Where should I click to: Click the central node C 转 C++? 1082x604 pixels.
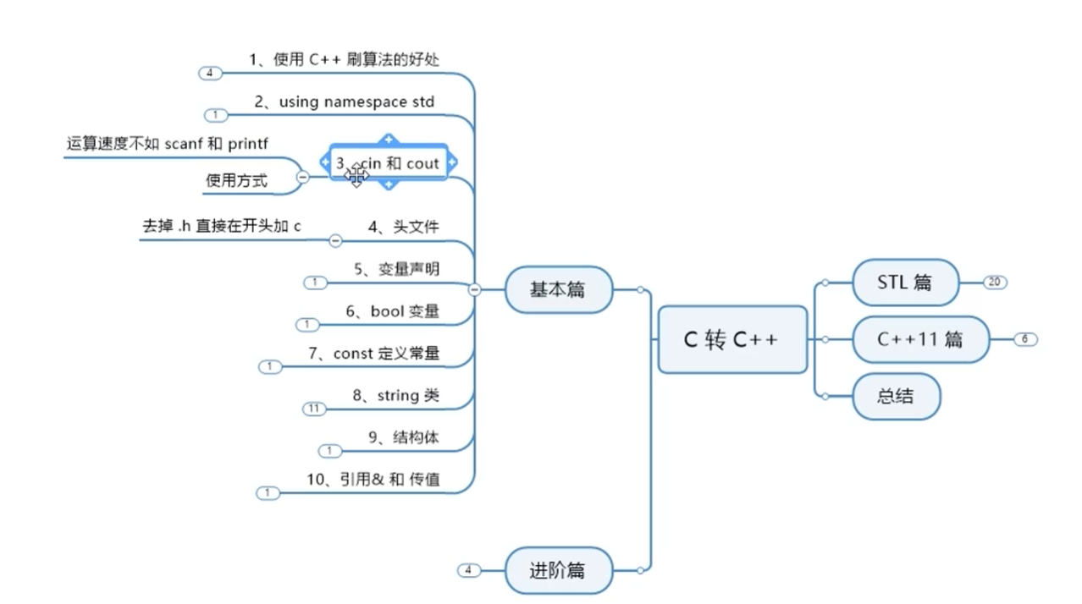click(731, 339)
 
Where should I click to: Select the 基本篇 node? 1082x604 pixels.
click(557, 289)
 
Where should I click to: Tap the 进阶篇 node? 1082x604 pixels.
click(557, 570)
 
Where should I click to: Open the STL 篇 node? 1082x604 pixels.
click(905, 283)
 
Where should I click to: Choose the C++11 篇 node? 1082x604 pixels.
click(919, 339)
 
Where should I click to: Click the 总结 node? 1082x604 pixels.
click(896, 395)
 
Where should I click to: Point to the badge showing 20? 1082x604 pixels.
click(995, 283)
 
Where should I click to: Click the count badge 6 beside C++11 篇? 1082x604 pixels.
click(1024, 339)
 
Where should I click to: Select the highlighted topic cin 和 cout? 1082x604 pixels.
click(388, 162)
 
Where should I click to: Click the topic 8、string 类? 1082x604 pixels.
click(396, 395)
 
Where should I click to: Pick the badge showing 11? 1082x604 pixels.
click(314, 409)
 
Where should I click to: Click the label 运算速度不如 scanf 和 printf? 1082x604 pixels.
click(168, 143)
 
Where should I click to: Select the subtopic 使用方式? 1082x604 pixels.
click(236, 180)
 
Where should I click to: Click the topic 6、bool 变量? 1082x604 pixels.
click(393, 311)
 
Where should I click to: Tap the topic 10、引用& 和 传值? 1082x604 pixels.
click(373, 480)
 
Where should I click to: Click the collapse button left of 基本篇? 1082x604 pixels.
click(474, 289)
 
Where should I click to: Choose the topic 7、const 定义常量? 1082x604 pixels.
click(374, 354)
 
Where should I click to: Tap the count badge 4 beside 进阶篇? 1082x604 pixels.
click(468, 570)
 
